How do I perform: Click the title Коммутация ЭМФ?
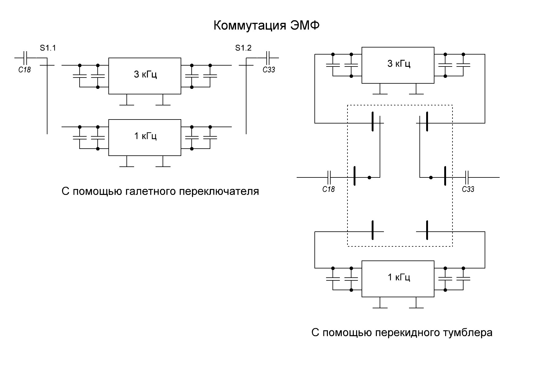point(266,26)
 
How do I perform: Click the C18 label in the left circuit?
point(24,70)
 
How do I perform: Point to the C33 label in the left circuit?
point(269,70)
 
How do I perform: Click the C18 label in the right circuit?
point(329,189)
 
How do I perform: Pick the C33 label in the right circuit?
point(468,189)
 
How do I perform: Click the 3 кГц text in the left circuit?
point(145,74)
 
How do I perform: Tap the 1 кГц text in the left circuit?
point(145,136)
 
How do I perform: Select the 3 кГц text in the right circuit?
point(399,63)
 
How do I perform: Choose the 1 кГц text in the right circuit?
point(399,277)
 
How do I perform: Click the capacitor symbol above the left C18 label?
point(26,58)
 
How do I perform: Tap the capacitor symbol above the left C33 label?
point(268,58)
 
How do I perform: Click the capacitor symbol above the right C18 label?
point(329,177)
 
